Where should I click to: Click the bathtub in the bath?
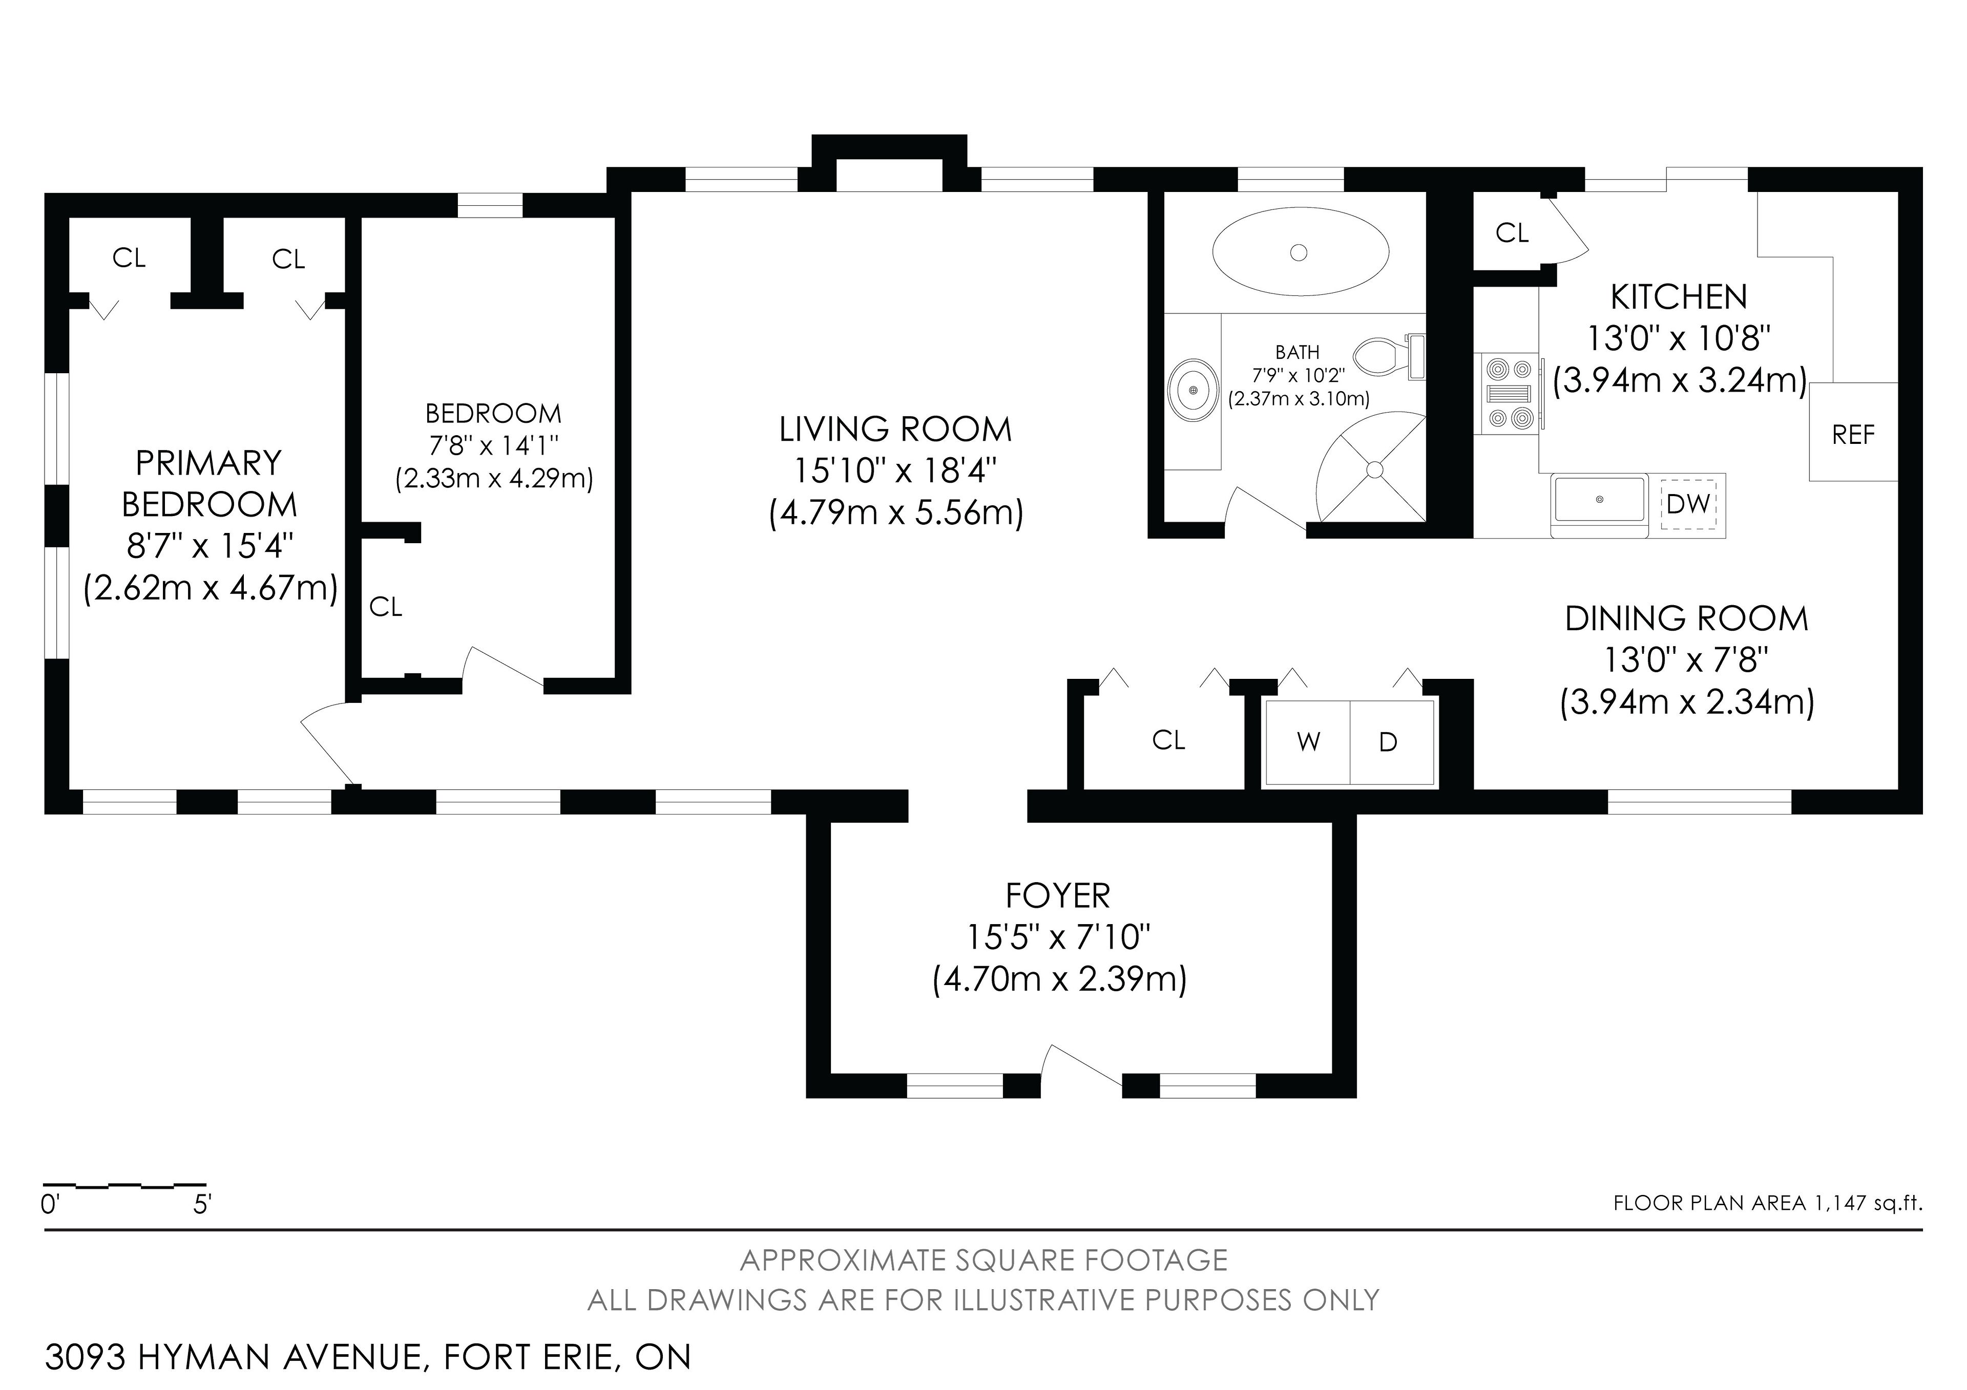click(x=1300, y=252)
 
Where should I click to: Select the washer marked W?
click(x=1308, y=742)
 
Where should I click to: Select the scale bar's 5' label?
click(x=202, y=1205)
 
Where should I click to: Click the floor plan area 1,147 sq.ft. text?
click(x=1767, y=1203)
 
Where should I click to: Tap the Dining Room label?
click(x=1686, y=618)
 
